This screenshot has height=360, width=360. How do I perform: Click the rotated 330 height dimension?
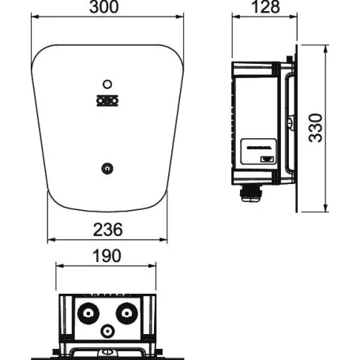click(x=316, y=127)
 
